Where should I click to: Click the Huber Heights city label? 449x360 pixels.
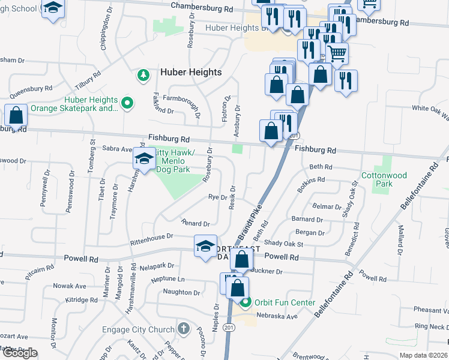pos(191,72)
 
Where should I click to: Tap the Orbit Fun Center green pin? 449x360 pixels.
pos(246,302)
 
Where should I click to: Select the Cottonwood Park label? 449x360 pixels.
pos(384,179)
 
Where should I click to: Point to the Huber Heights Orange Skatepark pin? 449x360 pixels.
pos(127,104)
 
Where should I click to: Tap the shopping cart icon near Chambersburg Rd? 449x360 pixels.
pos(337,54)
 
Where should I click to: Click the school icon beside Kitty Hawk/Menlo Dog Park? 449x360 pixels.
pos(144,158)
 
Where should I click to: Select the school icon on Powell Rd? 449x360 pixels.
pos(205,246)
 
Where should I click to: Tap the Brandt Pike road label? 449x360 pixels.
pos(253,212)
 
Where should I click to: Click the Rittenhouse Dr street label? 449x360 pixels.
pos(152,239)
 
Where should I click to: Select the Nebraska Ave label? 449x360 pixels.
pos(277,316)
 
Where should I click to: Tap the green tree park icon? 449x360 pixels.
pos(143,75)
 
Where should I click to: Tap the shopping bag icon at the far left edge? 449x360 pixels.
pos(16,114)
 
